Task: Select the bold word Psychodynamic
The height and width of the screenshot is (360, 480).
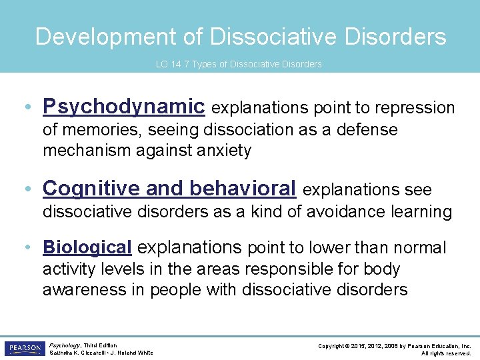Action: [x=123, y=107]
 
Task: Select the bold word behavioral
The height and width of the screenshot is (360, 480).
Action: [x=243, y=189]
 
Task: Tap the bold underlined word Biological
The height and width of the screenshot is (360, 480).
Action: [x=87, y=247]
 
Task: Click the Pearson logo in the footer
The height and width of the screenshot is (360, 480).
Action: [x=24, y=349]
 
